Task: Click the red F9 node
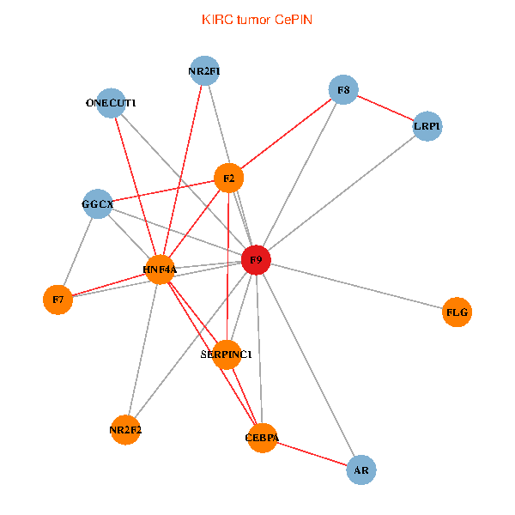pyautogui.click(x=256, y=259)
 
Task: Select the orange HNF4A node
pyautogui.click(x=160, y=270)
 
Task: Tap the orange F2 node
pyautogui.click(x=228, y=179)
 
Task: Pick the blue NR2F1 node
pyautogui.click(x=204, y=72)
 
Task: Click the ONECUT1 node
pyautogui.click(x=111, y=103)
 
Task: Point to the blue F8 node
pyautogui.click(x=342, y=90)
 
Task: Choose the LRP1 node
pyautogui.click(x=427, y=126)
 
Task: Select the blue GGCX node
pyautogui.click(x=97, y=204)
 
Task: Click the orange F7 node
pyautogui.click(x=58, y=300)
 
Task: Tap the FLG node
pyautogui.click(x=457, y=312)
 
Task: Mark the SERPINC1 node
pyautogui.click(x=226, y=354)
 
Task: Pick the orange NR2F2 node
pyautogui.click(x=125, y=430)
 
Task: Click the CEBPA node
pyautogui.click(x=262, y=438)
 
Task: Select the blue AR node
pyautogui.click(x=361, y=470)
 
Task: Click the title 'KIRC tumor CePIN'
pyautogui.click(x=257, y=19)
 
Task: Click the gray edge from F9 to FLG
pyautogui.click(x=356, y=286)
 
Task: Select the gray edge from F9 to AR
pyautogui.click(x=309, y=365)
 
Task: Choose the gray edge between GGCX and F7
pyautogui.click(x=77, y=251)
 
